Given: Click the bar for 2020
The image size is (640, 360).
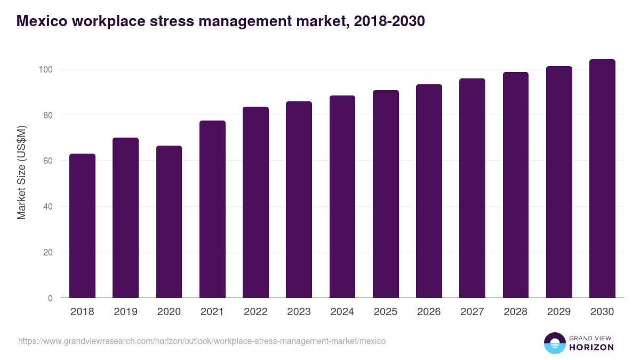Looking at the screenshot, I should tap(169, 222).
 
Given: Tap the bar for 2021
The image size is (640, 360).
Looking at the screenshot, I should tap(212, 209).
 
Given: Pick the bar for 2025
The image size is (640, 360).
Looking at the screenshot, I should tap(386, 194).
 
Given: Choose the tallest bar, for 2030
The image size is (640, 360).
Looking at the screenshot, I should tap(602, 179).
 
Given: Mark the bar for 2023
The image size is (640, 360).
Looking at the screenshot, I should tap(299, 199).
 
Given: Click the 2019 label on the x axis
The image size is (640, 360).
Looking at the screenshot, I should tap(125, 312).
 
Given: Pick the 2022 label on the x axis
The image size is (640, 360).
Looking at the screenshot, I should tap(255, 312).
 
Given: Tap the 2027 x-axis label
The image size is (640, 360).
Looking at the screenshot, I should tap(472, 312).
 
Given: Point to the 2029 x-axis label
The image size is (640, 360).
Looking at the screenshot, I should tap(559, 312).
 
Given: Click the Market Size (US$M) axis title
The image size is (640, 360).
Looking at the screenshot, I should tap(21, 172).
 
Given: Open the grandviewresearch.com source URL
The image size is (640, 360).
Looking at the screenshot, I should tap(202, 341).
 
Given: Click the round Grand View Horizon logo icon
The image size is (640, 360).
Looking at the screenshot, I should tap(554, 343).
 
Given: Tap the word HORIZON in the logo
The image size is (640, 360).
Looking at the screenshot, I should tap(591, 347).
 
